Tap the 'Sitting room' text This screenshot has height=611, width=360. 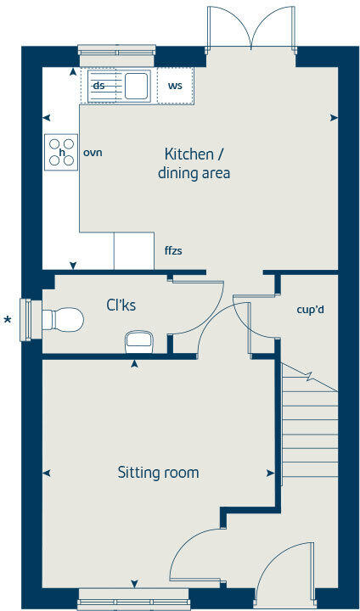158,472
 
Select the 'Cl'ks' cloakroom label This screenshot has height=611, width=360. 121,305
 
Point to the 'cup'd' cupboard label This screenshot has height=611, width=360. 309,310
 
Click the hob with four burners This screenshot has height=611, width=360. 61,152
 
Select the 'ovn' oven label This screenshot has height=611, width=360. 93,153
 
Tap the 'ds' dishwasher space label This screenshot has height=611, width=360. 98,86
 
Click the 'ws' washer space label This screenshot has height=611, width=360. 175,86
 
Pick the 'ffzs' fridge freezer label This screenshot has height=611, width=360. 174,252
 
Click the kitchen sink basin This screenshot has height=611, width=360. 135,86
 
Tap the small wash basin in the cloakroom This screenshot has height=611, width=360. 138,341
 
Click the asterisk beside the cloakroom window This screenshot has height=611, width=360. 8,320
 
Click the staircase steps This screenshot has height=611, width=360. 308,424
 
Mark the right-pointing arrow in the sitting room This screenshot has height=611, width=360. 271,473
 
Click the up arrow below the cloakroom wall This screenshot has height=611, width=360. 134,365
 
